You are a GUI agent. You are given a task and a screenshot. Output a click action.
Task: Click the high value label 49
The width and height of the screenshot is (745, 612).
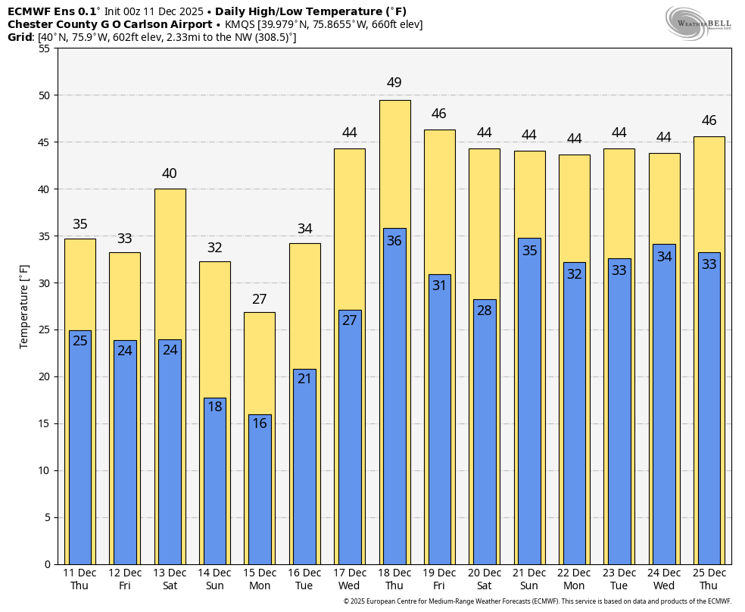(394, 83)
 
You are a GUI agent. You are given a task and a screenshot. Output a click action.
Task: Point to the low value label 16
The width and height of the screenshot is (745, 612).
(260, 423)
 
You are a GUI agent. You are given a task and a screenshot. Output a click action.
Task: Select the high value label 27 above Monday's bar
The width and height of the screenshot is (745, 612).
(260, 299)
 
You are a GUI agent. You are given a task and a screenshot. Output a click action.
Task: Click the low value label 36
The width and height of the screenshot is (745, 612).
(394, 241)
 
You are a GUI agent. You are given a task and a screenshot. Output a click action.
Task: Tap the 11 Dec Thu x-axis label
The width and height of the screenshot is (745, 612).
(79, 579)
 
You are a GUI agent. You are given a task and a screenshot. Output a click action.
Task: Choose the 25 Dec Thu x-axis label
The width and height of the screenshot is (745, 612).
(709, 579)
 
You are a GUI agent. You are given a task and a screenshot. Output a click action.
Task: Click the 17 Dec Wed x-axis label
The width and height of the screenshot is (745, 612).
(349, 579)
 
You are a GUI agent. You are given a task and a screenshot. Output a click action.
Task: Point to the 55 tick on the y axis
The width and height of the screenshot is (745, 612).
(43, 48)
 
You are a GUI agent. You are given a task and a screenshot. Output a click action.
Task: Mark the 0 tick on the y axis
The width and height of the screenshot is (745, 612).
(47, 564)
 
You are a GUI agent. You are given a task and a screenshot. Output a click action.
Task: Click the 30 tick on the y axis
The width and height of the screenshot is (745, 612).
(43, 283)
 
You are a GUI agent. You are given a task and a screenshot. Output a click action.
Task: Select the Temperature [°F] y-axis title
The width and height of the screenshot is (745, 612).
(24, 306)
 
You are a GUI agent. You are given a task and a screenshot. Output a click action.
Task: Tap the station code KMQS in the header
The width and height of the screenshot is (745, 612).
(239, 24)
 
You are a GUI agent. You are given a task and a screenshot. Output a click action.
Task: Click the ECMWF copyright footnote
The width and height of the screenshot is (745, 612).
(537, 601)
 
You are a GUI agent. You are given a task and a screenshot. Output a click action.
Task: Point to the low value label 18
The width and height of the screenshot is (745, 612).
(215, 407)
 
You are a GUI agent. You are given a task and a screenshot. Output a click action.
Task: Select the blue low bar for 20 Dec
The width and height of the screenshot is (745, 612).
(485, 439)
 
